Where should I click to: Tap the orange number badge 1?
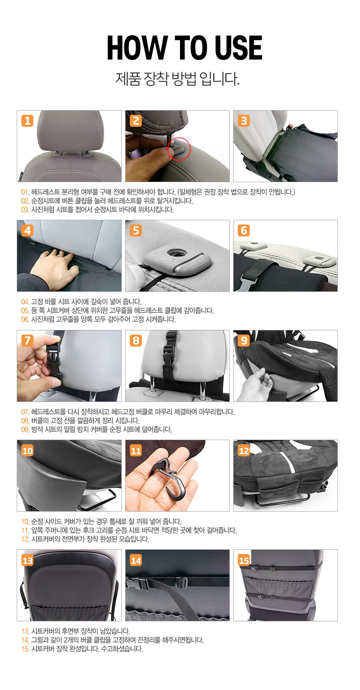pyautogui.click(x=27, y=121)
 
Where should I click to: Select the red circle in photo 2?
pyautogui.click(x=179, y=149)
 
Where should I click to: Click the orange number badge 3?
pyautogui.click(x=244, y=121)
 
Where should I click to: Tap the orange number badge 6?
pyautogui.click(x=244, y=230)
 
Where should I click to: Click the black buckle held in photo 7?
pyautogui.click(x=54, y=360)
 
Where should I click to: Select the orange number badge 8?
pyautogui.click(x=136, y=341)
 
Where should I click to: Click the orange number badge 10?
pyautogui.click(x=27, y=451)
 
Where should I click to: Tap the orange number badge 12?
pyautogui.click(x=244, y=451)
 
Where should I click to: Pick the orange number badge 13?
pyautogui.click(x=27, y=560)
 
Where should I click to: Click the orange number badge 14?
pyautogui.click(x=136, y=560)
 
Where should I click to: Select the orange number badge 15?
pyautogui.click(x=244, y=560)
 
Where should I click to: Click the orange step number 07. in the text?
pyautogui.click(x=25, y=412)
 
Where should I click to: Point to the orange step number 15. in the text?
pyautogui.click(x=25, y=649)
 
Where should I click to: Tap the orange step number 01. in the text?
pyautogui.click(x=25, y=192)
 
